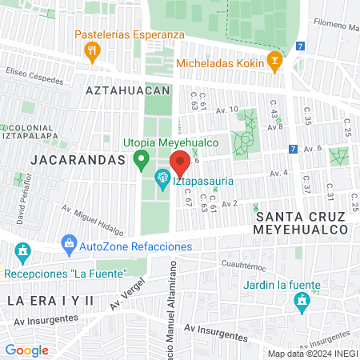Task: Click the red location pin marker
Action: (x=180, y=162)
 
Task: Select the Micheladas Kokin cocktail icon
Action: (x=274, y=61)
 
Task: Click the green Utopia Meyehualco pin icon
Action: (x=141, y=158)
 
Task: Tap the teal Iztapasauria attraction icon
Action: (x=162, y=176)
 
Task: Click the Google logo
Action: (x=26, y=350)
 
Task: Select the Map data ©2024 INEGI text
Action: (x=312, y=354)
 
